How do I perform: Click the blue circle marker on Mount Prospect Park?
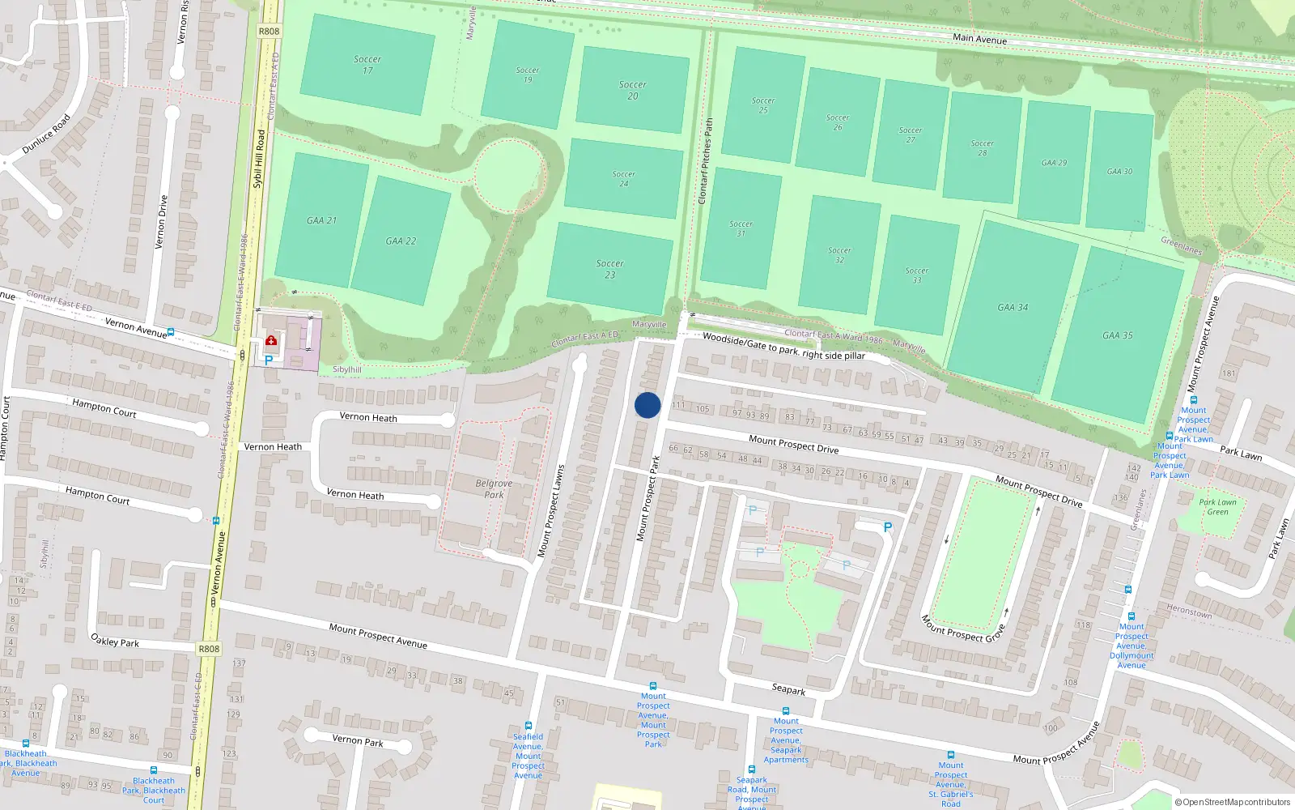647,405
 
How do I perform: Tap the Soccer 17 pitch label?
367,65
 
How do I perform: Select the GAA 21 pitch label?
321,220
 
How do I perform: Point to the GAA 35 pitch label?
1118,335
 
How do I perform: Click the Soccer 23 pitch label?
610,269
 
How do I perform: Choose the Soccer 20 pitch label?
633,90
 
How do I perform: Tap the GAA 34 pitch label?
1013,308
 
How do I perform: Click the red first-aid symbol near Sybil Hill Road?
271,341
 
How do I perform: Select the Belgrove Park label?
494,489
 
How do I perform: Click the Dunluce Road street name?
46,134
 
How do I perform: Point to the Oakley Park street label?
115,642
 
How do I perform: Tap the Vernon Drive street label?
162,221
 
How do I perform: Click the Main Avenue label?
979,39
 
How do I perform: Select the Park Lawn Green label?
1217,507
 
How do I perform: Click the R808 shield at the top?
269,32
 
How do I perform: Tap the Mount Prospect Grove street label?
963,629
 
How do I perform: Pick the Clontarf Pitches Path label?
706,161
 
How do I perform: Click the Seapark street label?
788,689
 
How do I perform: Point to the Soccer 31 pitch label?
741,228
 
